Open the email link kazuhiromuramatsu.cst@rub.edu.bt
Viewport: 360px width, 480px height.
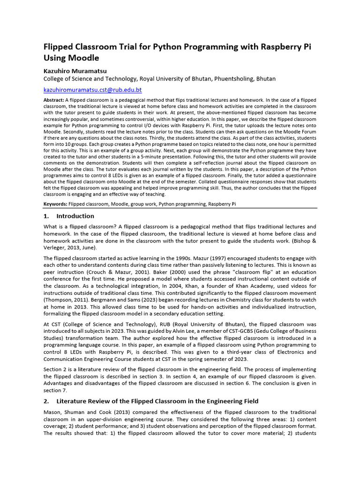coord(92,90)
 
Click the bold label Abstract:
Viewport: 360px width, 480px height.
coord(54,100)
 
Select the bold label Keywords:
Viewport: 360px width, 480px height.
coord(55,204)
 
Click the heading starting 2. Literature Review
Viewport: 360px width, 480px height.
coord(150,401)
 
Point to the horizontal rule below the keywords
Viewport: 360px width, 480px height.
coord(180,208)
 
